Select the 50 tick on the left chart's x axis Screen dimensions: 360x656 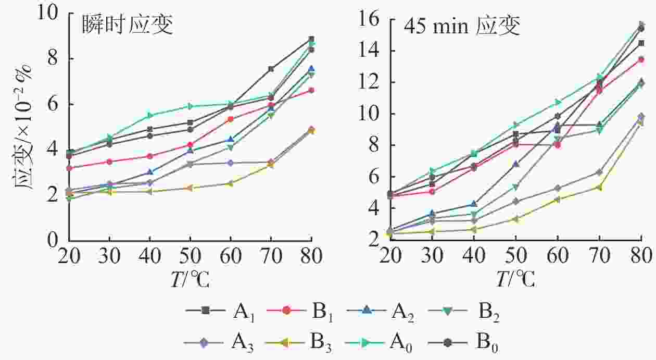(x=190, y=256)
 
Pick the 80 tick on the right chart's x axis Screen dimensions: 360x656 (x=641, y=256)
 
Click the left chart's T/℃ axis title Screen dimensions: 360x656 (x=190, y=280)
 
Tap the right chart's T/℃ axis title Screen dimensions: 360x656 (x=515, y=280)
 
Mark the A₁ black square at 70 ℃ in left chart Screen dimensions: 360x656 (x=271, y=69)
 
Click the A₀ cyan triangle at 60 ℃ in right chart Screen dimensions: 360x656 (x=558, y=102)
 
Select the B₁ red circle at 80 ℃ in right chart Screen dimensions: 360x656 (x=641, y=59)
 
